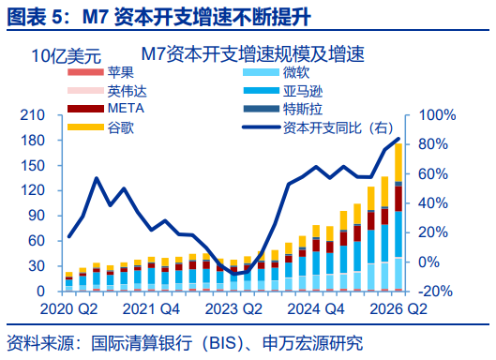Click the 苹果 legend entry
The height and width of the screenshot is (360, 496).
point(101,72)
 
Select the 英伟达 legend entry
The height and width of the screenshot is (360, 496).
point(107,91)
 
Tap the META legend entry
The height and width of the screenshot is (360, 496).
point(106,109)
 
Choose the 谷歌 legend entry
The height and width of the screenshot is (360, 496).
point(101,127)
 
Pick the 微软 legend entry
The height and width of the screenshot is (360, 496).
point(277,72)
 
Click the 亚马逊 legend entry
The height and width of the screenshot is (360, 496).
point(283,91)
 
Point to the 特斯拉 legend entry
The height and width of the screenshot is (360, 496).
point(283,109)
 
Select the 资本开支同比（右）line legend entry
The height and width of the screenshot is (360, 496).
point(318,127)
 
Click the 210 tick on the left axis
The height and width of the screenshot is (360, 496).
point(33,115)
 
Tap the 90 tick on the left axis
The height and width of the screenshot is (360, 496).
point(37,216)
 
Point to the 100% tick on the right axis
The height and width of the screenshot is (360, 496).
point(437,115)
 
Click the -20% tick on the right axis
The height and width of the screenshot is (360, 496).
point(435,292)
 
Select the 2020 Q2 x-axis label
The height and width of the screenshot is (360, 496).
point(69,308)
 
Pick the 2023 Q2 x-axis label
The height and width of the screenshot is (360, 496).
point(233,308)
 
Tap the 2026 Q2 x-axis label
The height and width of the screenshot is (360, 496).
point(398,308)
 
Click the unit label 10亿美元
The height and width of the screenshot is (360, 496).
point(67,56)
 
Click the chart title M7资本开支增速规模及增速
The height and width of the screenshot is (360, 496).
point(253,53)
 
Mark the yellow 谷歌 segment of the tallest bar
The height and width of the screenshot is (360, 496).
point(398,162)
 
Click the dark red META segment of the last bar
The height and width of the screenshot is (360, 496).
point(398,199)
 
